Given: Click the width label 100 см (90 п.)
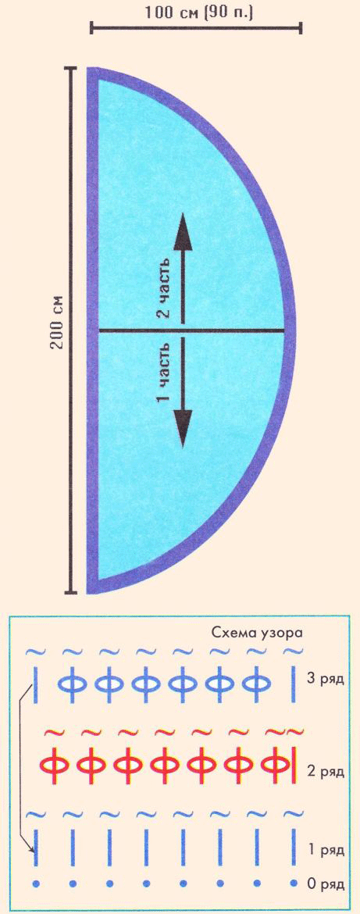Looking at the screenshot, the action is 196,12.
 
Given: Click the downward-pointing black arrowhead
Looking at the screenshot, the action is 184,428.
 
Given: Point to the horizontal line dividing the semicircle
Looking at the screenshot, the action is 191,331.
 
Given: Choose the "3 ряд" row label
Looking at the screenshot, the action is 325,679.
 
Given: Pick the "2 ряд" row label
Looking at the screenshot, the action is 325,772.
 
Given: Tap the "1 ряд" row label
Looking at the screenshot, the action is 325,848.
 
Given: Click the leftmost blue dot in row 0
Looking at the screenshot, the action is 36,884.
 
